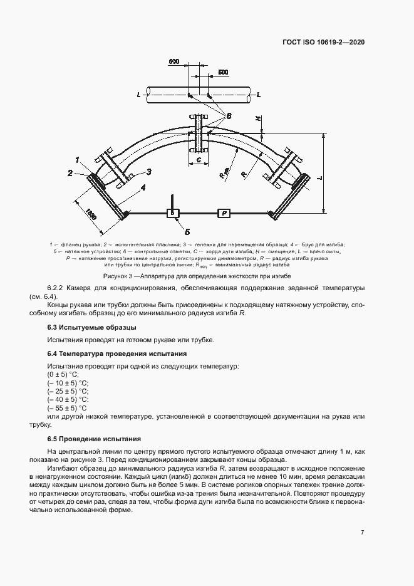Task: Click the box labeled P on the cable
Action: (x=224, y=214)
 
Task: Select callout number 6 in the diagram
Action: (x=229, y=116)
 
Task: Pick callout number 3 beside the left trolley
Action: (x=150, y=171)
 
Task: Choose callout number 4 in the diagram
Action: (x=143, y=187)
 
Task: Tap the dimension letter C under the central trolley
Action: (x=198, y=160)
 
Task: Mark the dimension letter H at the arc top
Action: (x=256, y=118)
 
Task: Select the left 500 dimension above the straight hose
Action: (x=173, y=62)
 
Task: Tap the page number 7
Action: (x=363, y=532)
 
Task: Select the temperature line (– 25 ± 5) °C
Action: (x=68, y=390)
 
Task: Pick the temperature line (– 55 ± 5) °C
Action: (x=68, y=407)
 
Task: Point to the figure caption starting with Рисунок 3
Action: (x=197, y=276)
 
